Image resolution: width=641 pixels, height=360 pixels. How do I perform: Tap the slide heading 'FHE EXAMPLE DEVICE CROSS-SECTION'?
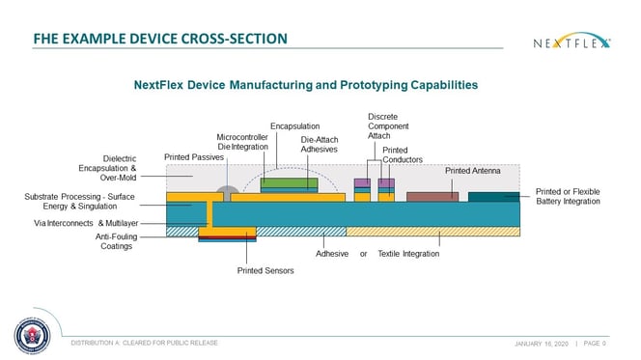[x=159, y=40]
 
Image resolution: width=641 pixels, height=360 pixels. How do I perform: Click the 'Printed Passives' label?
[x=194, y=156]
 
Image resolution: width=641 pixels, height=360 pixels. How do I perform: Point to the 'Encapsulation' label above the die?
[x=294, y=125]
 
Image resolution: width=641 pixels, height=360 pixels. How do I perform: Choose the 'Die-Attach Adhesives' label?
[x=319, y=146]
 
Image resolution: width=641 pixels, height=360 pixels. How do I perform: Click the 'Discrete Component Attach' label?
[x=383, y=126]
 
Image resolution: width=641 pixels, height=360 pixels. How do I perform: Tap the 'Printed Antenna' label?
[x=470, y=170]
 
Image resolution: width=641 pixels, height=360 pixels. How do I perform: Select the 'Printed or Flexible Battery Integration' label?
[x=568, y=197]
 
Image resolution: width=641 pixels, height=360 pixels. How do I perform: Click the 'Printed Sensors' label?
[x=265, y=270]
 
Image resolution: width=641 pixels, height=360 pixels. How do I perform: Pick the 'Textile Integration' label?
[x=408, y=253]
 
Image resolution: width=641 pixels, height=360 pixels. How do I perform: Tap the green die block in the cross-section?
[x=289, y=182]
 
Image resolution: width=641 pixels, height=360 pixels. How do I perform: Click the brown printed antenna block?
[x=432, y=197]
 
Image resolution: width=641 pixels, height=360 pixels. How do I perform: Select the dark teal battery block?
[x=494, y=197]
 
